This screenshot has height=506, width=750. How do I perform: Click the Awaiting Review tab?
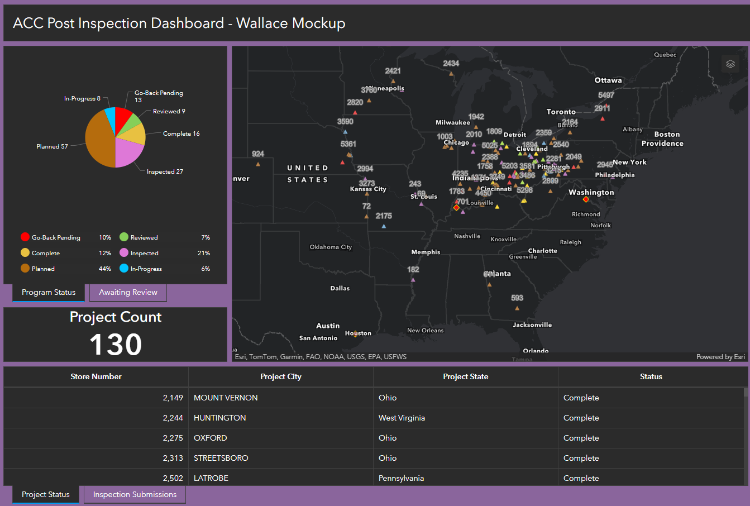[x=128, y=292]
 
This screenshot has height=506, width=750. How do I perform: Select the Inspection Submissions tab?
[x=135, y=494]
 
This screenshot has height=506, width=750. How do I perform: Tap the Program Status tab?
[x=49, y=292]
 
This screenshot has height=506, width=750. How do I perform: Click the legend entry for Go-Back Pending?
[x=55, y=237]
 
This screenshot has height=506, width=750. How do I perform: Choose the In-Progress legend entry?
[x=146, y=269]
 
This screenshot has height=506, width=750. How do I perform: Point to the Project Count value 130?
[x=116, y=344]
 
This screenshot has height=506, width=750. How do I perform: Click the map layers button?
[x=730, y=64]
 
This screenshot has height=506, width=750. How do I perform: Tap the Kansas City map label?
[x=368, y=189]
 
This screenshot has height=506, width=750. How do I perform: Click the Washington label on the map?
[x=591, y=192]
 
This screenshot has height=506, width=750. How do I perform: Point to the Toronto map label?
[x=561, y=112]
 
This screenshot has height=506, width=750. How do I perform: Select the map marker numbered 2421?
[x=393, y=79]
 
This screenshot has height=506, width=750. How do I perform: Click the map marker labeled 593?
[x=517, y=308]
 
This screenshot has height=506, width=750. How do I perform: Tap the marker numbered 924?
[x=258, y=164]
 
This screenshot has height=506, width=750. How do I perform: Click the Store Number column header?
[x=96, y=376]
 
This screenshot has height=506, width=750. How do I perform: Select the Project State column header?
[x=465, y=376]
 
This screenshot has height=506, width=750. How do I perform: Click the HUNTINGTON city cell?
[x=220, y=418]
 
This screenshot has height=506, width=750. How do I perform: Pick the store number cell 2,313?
[x=173, y=458]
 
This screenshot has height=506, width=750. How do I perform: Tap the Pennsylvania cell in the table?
[x=401, y=478]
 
